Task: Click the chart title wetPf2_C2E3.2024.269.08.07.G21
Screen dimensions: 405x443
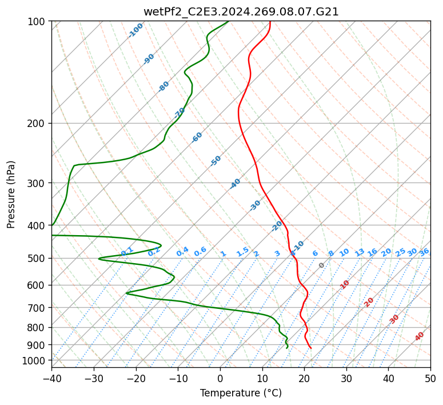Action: coord(241,11)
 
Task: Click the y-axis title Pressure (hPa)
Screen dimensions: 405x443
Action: coord(11,194)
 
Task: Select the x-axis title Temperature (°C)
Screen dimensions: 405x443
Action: coord(241,393)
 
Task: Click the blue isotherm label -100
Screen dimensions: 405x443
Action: coord(136,30)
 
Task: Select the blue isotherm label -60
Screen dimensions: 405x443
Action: coord(197,137)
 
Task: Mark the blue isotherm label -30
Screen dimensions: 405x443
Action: coord(256,205)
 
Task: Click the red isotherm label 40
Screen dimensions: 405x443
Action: coord(420,336)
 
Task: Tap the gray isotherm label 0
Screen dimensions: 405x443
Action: coord(321,265)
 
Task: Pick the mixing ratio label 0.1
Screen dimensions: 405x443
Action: coord(127,251)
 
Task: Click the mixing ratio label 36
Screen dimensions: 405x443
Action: coord(424,252)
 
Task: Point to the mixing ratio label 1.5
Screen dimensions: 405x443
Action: coord(242,251)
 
